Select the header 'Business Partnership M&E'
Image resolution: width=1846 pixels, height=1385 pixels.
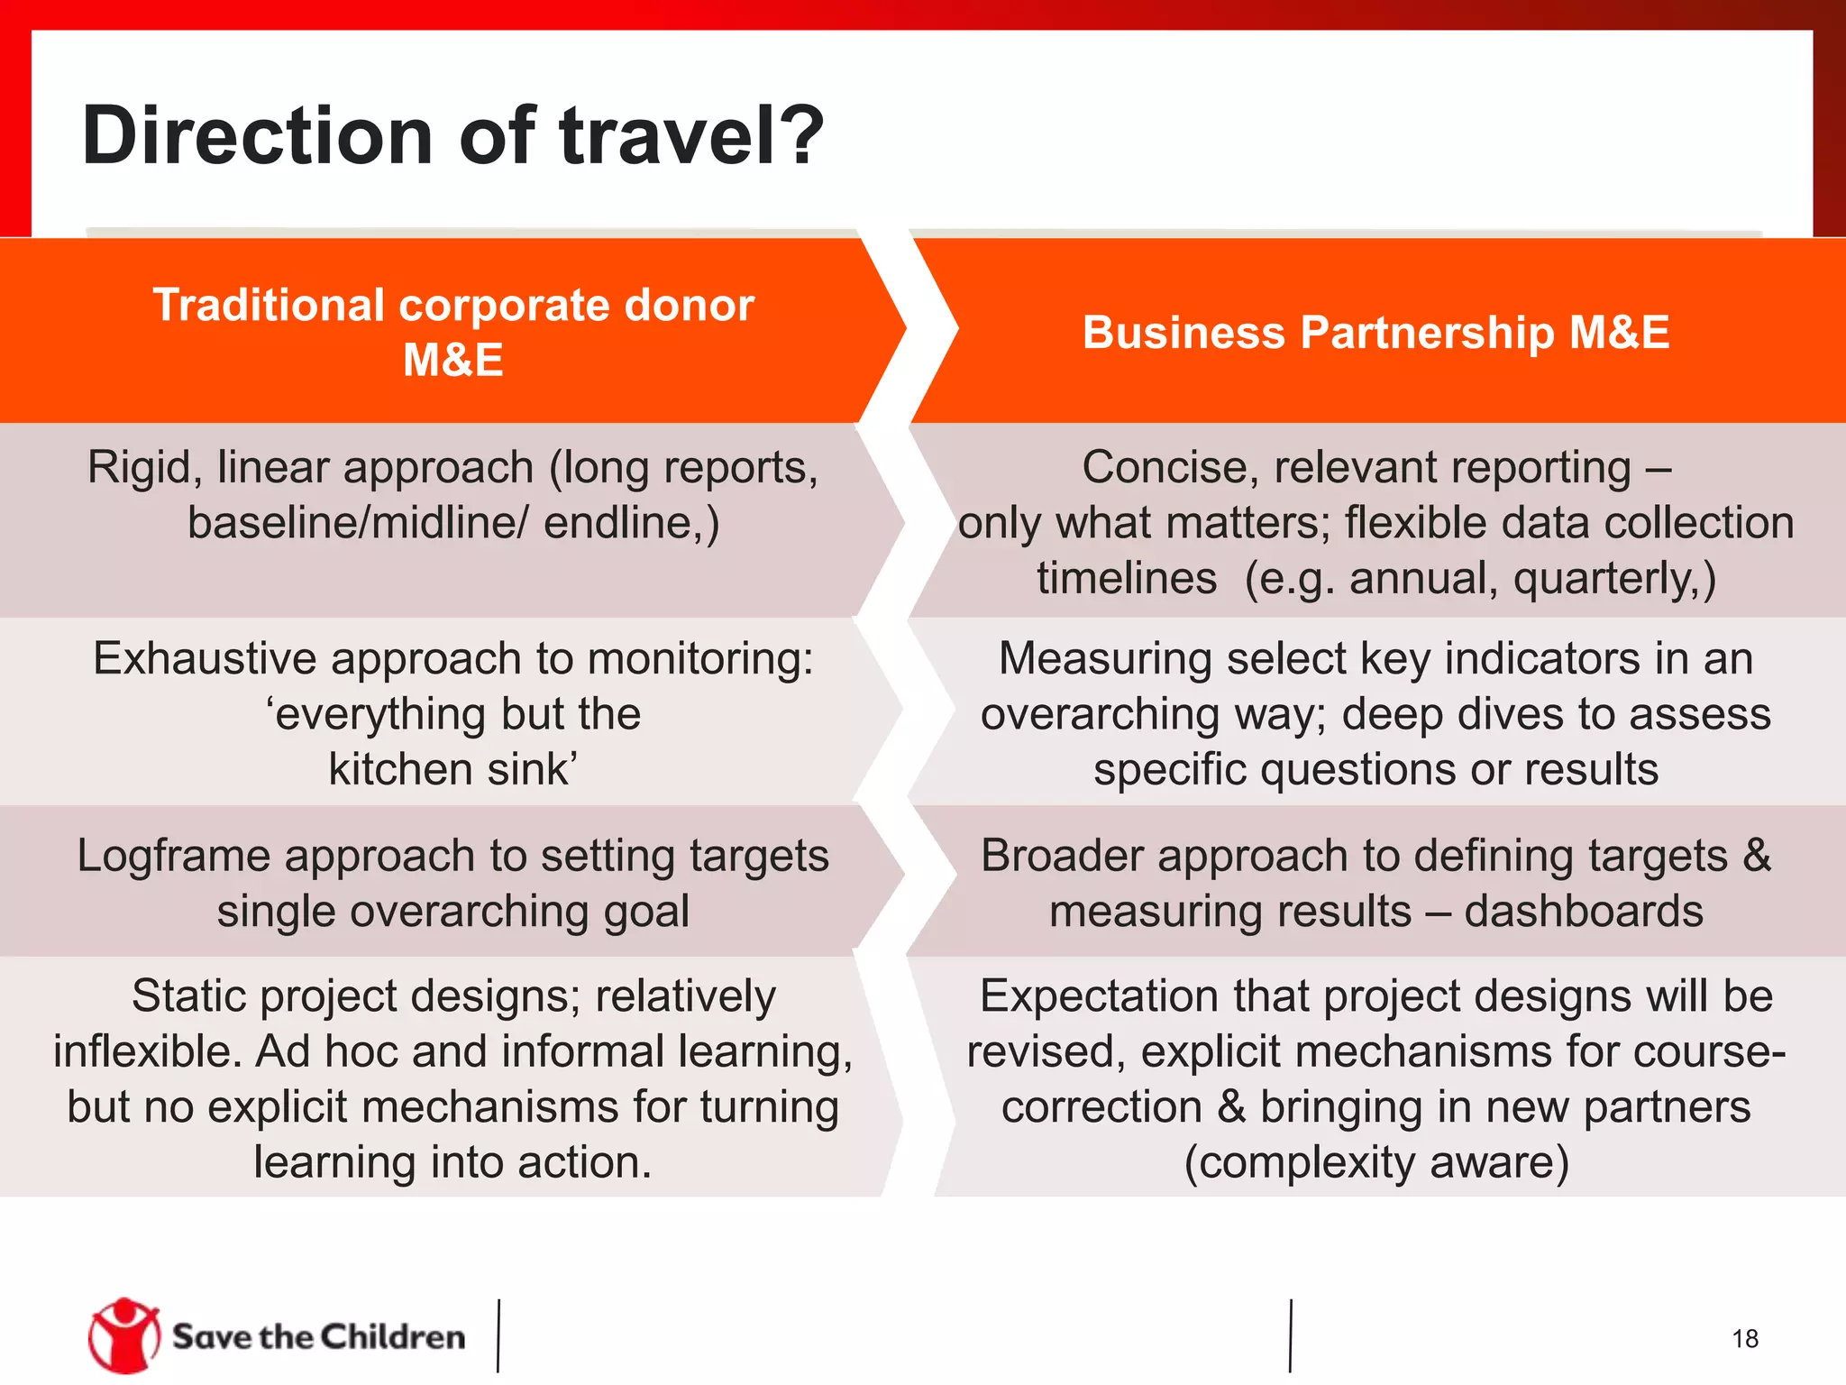click(1375, 332)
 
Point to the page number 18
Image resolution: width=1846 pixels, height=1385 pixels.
click(1744, 1338)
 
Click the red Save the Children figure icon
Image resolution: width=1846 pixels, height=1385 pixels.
click(123, 1335)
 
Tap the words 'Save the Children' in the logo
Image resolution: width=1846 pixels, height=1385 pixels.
click(318, 1336)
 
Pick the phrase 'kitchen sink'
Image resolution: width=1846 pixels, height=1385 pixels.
click(452, 769)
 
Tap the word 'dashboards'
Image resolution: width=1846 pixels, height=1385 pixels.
click(1583, 911)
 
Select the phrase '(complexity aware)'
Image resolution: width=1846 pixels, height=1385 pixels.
click(1375, 1161)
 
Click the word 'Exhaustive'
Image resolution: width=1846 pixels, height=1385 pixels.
click(205, 658)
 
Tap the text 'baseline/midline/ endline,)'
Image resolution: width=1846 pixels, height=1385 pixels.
click(452, 523)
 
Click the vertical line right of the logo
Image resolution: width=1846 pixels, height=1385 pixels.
click(498, 1335)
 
